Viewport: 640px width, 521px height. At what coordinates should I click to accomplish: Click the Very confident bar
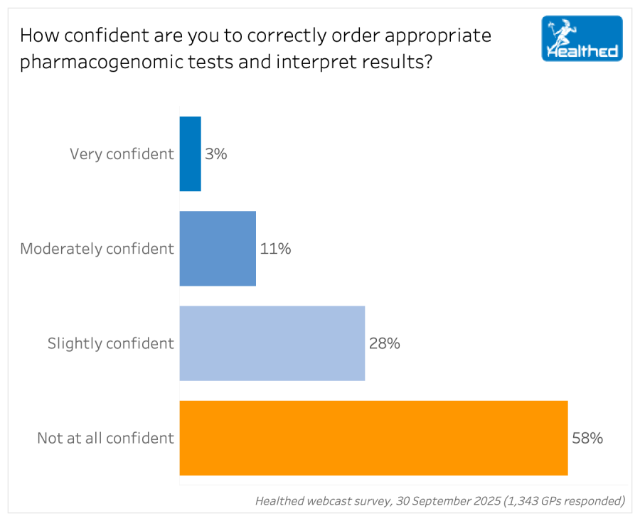click(190, 154)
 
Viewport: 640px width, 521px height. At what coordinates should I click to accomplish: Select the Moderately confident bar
click(218, 249)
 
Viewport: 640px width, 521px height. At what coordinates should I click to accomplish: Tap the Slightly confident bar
click(272, 343)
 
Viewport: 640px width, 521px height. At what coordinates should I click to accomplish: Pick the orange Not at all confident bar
click(373, 438)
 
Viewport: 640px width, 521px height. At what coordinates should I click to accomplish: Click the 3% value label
click(216, 154)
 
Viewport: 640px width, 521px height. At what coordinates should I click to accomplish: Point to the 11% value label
click(275, 249)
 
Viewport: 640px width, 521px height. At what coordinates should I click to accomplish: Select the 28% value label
click(385, 343)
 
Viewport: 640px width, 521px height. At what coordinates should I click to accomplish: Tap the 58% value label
click(587, 438)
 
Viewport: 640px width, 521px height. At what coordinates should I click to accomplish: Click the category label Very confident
click(122, 154)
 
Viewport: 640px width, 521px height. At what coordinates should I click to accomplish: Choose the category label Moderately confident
click(97, 249)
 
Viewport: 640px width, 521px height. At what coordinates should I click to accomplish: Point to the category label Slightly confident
click(110, 343)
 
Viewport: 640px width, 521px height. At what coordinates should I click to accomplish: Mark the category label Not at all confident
click(105, 438)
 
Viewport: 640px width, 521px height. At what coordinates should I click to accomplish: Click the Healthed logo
click(582, 38)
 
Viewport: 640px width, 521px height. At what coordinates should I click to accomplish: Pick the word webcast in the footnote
click(331, 501)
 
